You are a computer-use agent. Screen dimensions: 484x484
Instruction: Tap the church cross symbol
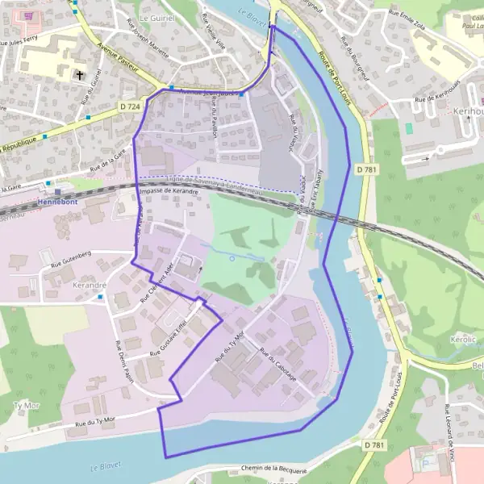(x=80, y=76)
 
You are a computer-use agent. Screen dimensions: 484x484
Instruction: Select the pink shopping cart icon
(x=30, y=15)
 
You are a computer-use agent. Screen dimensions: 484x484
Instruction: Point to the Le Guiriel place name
(x=156, y=16)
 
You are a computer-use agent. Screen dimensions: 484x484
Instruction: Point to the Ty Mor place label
(x=27, y=404)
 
